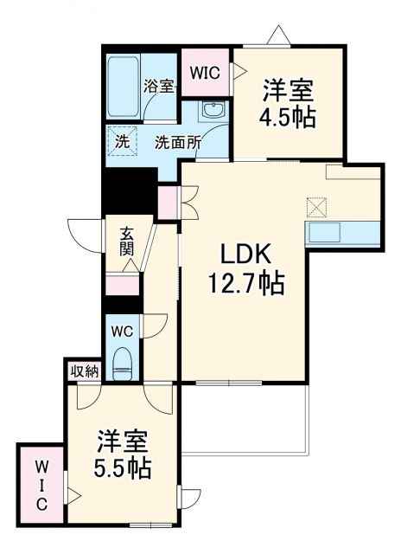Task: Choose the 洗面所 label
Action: pyautogui.click(x=178, y=143)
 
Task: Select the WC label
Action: pyautogui.click(x=120, y=329)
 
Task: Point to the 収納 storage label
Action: pyautogui.click(x=85, y=371)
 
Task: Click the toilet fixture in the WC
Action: pyautogui.click(x=122, y=361)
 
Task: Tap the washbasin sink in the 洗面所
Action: pyautogui.click(x=213, y=109)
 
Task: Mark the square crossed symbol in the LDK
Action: pyautogui.click(x=317, y=208)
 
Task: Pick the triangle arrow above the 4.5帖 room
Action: pyautogui.click(x=278, y=35)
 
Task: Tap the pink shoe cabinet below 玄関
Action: pyautogui.click(x=122, y=287)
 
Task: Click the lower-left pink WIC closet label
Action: pyautogui.click(x=41, y=485)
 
